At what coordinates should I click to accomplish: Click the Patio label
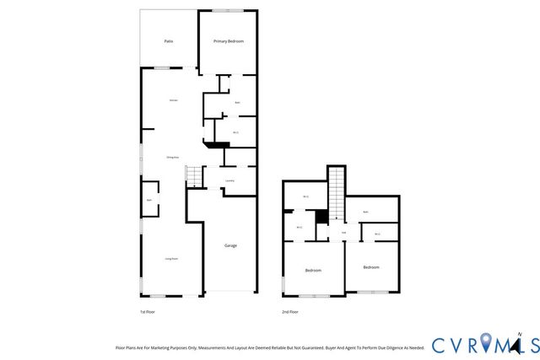(x=169, y=40)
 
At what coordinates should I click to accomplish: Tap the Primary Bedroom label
(x=229, y=40)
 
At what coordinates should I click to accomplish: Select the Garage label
(x=230, y=245)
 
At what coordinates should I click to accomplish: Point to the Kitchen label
(x=173, y=100)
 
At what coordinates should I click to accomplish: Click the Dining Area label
(x=170, y=158)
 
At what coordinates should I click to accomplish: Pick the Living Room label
(x=170, y=259)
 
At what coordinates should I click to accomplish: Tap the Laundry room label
(x=229, y=180)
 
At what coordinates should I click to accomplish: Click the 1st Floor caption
(x=148, y=312)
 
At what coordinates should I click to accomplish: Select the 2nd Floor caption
(x=290, y=312)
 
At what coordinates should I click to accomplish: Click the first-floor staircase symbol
(x=194, y=175)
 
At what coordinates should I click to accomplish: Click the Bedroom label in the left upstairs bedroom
(x=312, y=271)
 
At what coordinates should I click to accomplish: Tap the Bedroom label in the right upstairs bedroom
(x=371, y=267)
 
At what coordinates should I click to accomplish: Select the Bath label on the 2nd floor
(x=365, y=212)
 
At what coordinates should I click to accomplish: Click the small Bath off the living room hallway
(x=149, y=201)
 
